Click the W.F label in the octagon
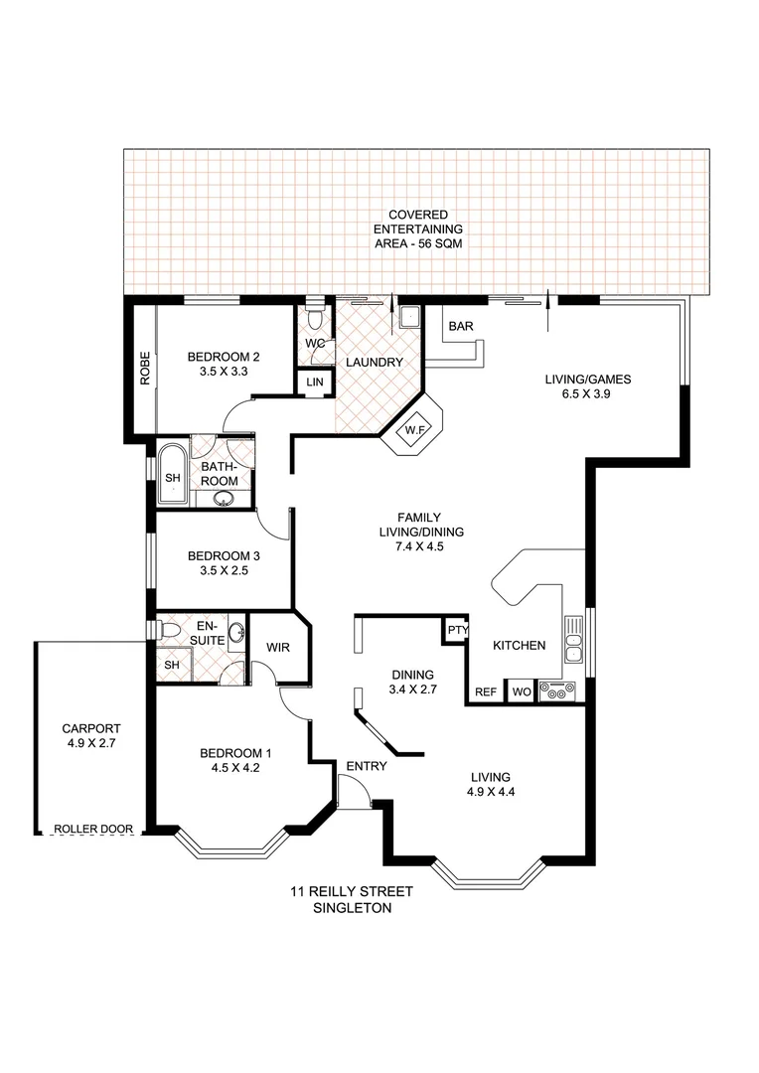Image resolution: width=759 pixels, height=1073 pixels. tap(414, 431)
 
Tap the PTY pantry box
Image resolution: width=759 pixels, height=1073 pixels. tap(456, 631)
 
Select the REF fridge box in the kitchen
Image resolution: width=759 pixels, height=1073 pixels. tap(486, 692)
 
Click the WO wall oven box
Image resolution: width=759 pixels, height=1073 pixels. tap(521, 692)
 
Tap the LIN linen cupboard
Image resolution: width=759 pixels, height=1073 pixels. tap(315, 383)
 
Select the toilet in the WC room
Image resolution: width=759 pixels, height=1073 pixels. tap(315, 320)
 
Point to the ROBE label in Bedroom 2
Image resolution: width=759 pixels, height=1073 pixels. tap(145, 368)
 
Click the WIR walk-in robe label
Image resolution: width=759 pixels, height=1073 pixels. tap(277, 648)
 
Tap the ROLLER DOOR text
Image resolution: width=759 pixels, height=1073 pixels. tap(93, 829)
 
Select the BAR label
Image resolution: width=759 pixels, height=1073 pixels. tap(460, 326)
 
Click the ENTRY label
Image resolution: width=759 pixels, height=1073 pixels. tap(365, 766)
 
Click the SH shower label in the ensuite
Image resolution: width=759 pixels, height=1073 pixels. tap(171, 665)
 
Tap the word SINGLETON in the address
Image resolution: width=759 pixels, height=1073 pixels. tap(352, 908)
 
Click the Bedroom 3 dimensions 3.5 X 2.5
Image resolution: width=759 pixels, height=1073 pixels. tap(224, 571)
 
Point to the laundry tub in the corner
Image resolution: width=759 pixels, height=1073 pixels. tap(409, 318)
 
